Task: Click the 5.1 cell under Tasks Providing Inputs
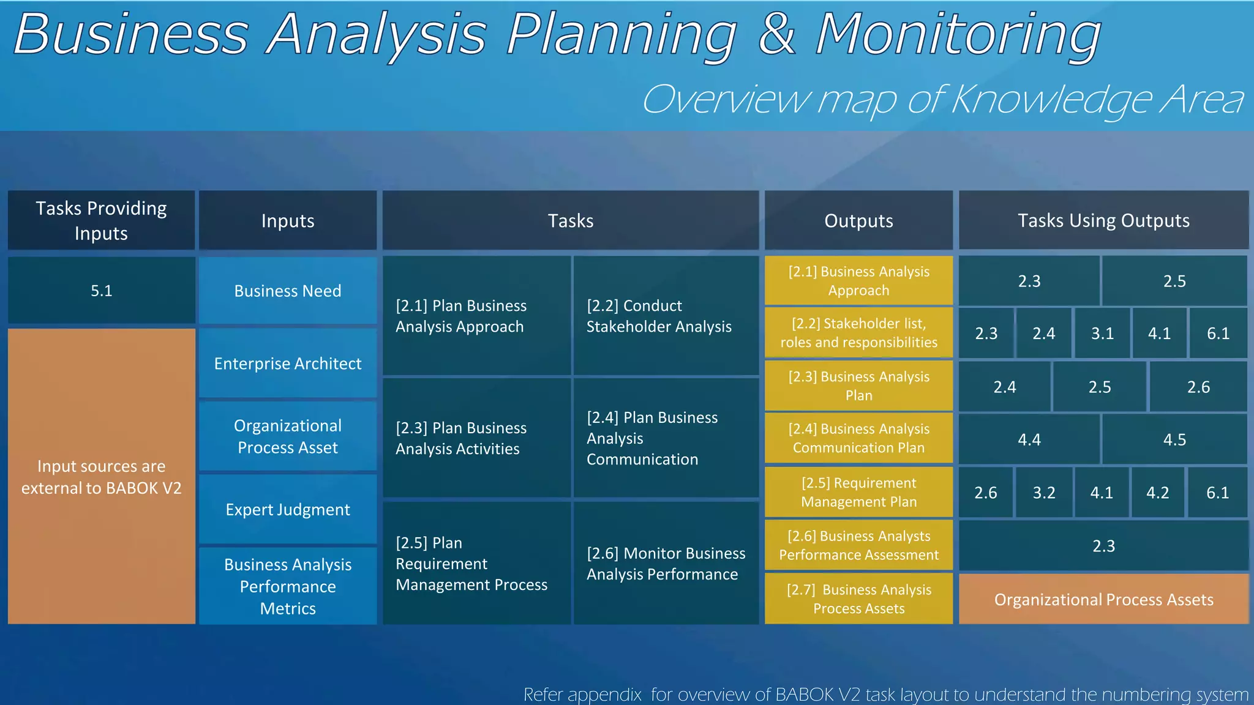(101, 290)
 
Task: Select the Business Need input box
(287, 291)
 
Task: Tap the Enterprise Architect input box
(287, 364)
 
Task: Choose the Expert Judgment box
(287, 509)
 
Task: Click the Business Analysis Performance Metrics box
(287, 586)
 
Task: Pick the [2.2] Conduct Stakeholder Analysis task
(665, 316)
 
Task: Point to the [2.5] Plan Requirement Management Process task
(476, 563)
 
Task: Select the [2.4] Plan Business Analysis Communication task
(665, 438)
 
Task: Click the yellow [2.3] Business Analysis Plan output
(858, 386)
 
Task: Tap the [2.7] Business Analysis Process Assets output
(858, 599)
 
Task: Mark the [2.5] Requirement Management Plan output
(858, 492)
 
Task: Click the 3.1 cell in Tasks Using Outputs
(1102, 334)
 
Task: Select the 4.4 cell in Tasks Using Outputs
(1029, 439)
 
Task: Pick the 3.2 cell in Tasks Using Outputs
(1043, 493)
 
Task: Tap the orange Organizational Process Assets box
(1103, 599)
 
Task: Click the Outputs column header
(858, 220)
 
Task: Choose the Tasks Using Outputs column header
(1103, 220)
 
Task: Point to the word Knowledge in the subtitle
(1052, 100)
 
